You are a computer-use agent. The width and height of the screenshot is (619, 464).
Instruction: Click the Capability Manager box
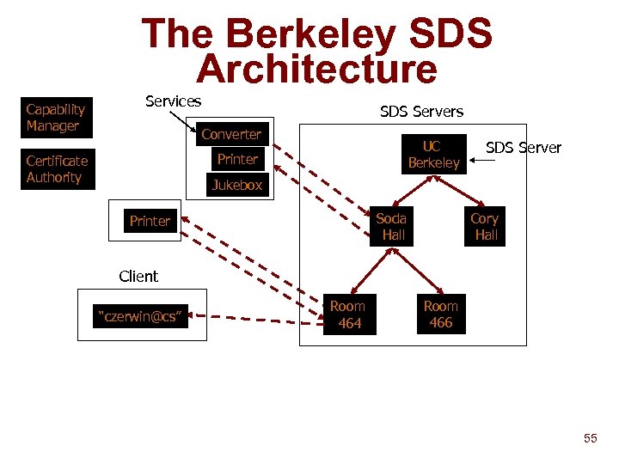click(56, 119)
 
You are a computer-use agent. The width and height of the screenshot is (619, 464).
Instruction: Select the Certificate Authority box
click(57, 169)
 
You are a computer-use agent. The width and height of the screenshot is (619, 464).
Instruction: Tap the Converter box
click(231, 134)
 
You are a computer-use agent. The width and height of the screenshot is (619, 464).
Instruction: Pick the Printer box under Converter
click(237, 159)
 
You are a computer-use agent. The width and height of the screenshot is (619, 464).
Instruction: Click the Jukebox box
click(237, 185)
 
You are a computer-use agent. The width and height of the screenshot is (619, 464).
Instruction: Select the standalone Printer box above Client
click(150, 221)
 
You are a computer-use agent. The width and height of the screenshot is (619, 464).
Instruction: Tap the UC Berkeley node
click(434, 155)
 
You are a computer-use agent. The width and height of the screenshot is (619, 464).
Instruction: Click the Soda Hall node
click(392, 226)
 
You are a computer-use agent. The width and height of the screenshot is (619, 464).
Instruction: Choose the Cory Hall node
click(485, 226)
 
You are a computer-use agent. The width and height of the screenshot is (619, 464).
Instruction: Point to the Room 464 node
click(348, 314)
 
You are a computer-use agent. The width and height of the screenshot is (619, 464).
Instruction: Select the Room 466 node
click(441, 314)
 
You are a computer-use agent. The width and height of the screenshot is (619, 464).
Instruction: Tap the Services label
click(173, 101)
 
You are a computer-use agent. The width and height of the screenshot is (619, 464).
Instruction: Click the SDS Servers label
click(421, 112)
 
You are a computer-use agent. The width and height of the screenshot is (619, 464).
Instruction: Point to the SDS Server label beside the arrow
click(524, 148)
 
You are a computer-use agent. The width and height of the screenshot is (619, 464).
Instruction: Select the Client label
click(138, 277)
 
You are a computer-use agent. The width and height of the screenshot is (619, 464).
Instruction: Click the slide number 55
click(590, 439)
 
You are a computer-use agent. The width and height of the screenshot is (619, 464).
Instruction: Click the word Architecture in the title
click(316, 70)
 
